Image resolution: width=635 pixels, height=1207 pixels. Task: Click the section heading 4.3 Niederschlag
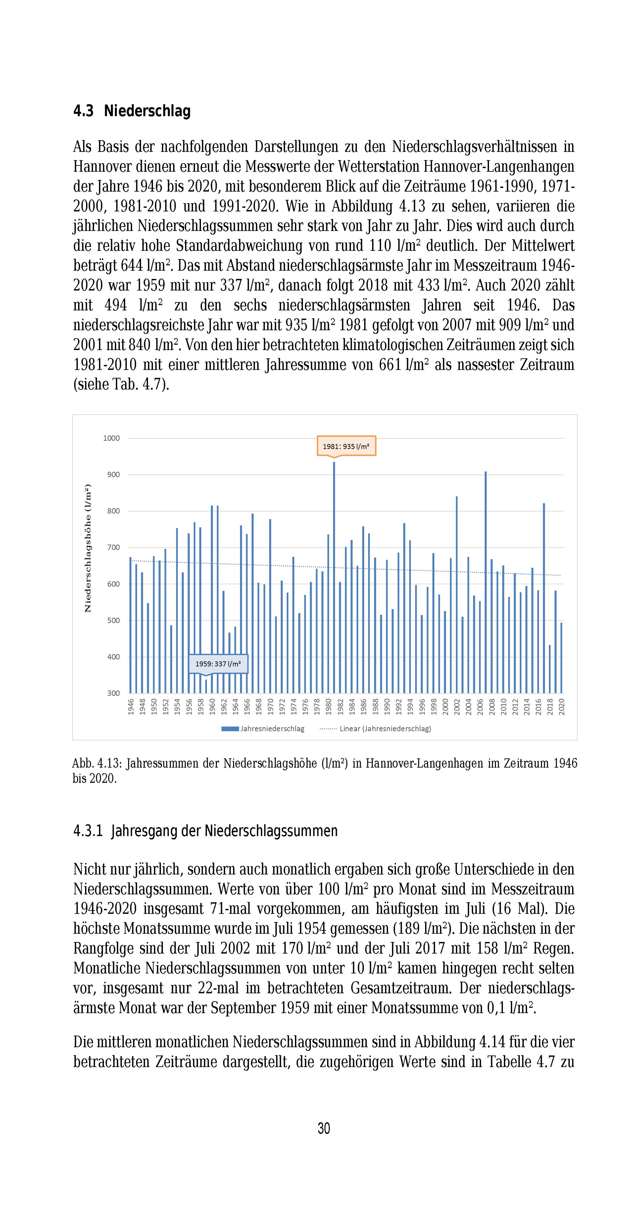[132, 111]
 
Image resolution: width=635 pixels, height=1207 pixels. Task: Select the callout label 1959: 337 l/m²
[218, 663]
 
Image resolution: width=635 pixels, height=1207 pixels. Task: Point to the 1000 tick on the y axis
[111, 438]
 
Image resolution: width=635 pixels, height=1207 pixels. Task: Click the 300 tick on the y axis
[113, 693]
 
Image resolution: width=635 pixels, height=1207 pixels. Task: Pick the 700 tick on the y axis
[113, 547]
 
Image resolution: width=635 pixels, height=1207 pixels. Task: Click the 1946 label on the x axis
[131, 706]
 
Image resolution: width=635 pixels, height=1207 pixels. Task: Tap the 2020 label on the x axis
[561, 706]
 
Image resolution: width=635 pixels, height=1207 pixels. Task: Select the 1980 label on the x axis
[329, 706]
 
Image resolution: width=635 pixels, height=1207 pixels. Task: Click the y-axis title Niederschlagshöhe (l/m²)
[88, 548]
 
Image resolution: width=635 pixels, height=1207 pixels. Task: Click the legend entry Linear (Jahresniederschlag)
[375, 729]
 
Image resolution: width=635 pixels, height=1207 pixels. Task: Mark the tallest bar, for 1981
[334, 576]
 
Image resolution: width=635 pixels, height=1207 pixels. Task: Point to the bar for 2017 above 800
[544, 597]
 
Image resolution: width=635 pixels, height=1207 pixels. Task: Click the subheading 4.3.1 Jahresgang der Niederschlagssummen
[205, 831]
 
